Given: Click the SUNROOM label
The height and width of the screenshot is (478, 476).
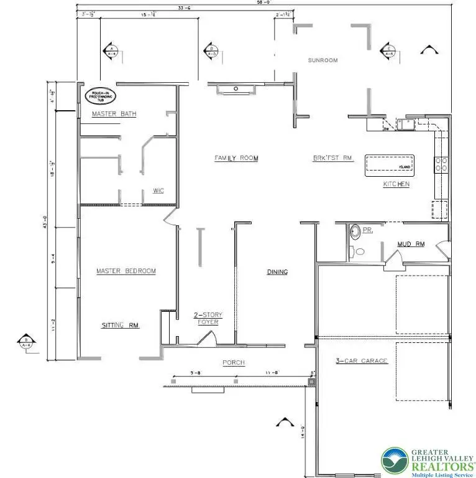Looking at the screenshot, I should pyautogui.click(x=323, y=60).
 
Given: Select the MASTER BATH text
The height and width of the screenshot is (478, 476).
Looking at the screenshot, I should pyautogui.click(x=114, y=114).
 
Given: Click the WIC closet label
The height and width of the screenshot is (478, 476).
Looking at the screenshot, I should pyautogui.click(x=158, y=190).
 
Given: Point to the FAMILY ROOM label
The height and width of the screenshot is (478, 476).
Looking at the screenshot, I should pyautogui.click(x=236, y=159).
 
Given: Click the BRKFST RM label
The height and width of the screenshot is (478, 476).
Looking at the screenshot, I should pyautogui.click(x=333, y=159).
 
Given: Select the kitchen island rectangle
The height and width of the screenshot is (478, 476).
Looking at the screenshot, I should pyautogui.click(x=390, y=164).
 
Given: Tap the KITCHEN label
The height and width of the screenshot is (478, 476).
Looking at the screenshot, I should pyautogui.click(x=396, y=185).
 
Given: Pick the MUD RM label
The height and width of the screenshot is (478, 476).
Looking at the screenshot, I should pyautogui.click(x=411, y=245).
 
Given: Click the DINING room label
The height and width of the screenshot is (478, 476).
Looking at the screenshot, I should pyautogui.click(x=277, y=272).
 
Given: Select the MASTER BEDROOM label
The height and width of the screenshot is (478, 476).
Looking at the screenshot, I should pyautogui.click(x=126, y=271).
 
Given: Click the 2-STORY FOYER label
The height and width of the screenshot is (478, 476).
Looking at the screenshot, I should pyautogui.click(x=207, y=319).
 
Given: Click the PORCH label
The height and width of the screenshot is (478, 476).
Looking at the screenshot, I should pyautogui.click(x=234, y=363).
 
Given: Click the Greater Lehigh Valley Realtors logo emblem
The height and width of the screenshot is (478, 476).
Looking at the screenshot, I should pyautogui.click(x=393, y=461).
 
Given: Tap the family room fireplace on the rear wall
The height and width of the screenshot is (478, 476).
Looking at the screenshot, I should pyautogui.click(x=236, y=90).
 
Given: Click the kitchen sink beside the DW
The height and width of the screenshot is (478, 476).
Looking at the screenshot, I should pyautogui.click(x=407, y=126).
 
